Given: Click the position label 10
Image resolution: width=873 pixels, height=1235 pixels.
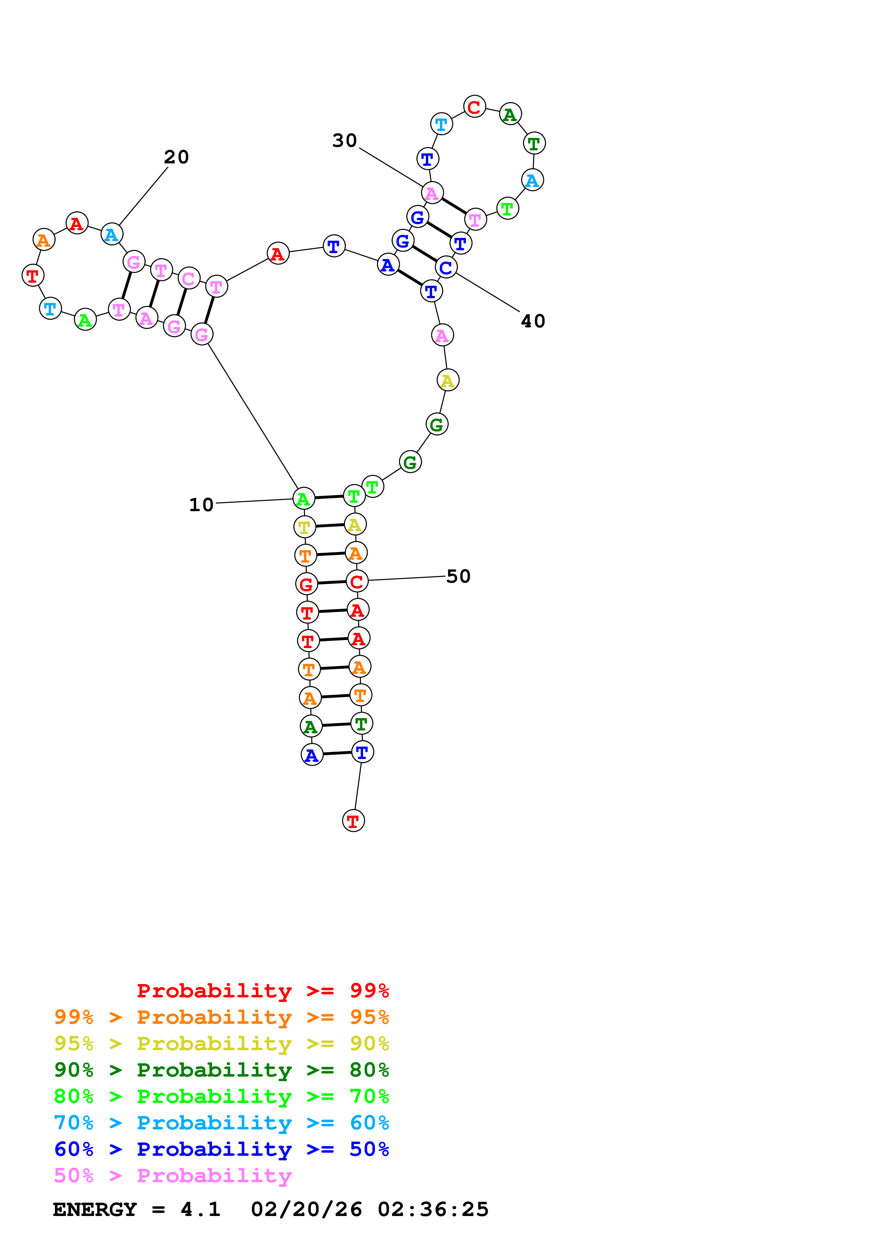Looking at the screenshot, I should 201,504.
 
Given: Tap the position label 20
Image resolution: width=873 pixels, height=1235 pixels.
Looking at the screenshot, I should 176,157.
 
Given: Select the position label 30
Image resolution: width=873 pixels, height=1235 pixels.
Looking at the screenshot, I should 345,140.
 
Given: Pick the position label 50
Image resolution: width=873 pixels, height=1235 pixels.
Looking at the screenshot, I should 458,576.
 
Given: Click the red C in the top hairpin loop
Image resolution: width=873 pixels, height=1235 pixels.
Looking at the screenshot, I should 474,107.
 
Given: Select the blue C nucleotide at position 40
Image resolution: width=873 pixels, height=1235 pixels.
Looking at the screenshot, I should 446,267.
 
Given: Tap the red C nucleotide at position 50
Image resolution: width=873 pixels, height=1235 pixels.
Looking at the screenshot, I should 357,582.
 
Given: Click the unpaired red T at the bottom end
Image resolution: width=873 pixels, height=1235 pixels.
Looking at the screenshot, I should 353,821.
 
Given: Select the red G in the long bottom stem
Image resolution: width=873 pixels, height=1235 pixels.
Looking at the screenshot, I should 306,584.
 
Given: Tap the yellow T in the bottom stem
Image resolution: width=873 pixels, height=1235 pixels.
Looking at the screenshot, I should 305,527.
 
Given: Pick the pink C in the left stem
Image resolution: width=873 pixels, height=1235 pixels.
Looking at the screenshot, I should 188,278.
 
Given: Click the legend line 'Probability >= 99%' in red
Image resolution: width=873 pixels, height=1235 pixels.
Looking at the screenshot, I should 262,990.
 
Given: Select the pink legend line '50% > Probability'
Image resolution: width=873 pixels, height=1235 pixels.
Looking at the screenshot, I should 173,1175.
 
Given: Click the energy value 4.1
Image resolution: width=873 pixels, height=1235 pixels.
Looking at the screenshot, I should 200,1209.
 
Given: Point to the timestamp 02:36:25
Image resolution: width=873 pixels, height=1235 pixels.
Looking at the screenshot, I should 433,1209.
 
